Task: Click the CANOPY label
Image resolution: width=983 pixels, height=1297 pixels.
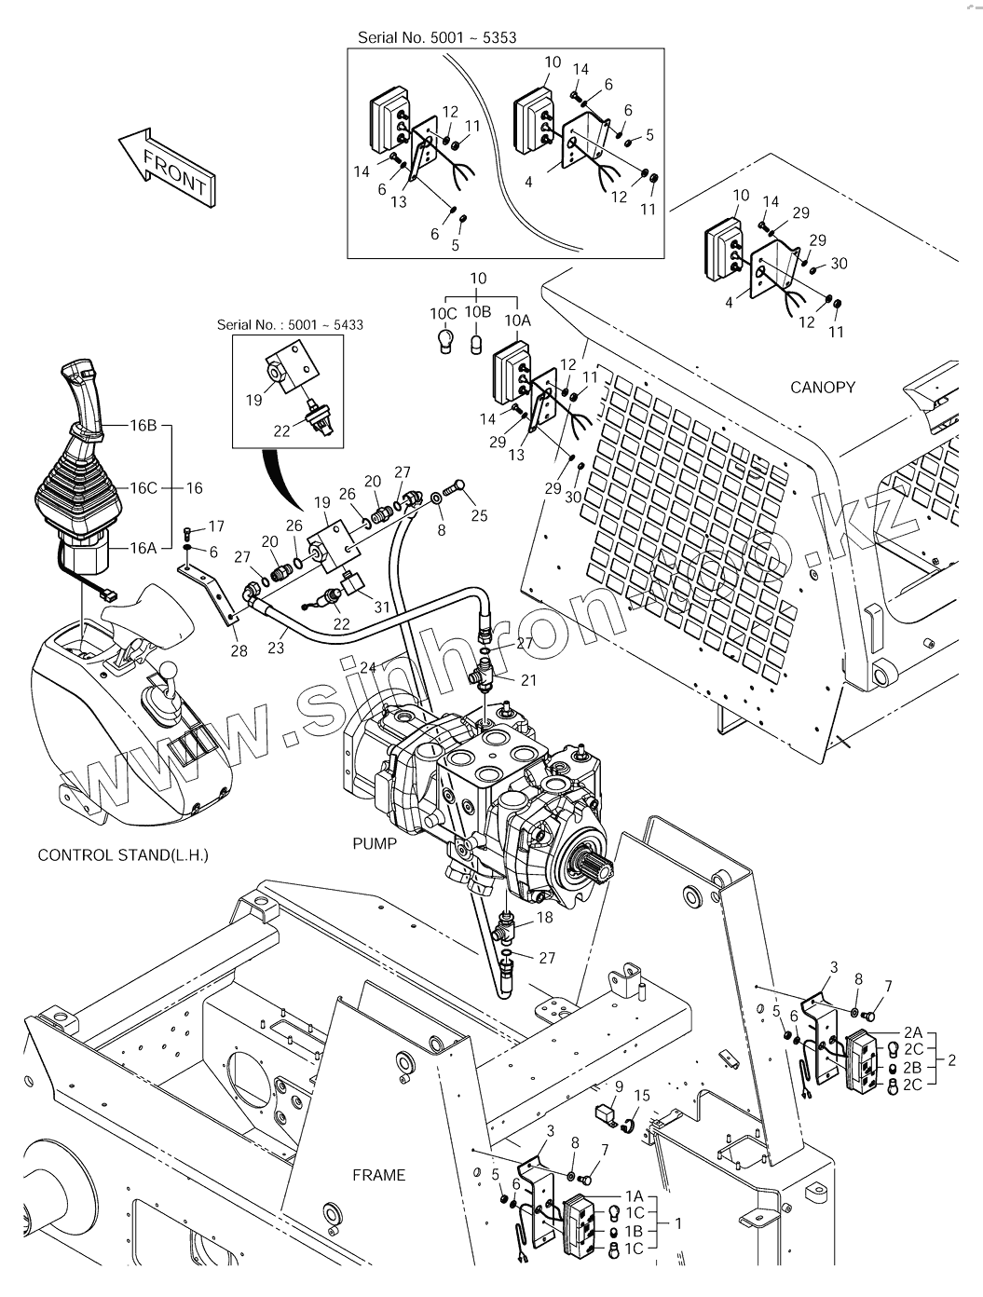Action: tap(822, 387)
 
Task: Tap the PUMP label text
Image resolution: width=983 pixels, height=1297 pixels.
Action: tap(374, 844)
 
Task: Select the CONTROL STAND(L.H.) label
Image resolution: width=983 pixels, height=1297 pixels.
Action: tap(123, 854)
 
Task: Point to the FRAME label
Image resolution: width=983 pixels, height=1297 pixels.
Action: tap(378, 1175)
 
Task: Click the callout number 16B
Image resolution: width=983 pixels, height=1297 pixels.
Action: tap(143, 426)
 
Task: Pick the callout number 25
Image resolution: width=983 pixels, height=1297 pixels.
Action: tap(479, 515)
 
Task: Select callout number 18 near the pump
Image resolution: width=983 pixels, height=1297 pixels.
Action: tap(545, 917)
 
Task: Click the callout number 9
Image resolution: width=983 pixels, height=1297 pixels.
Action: tap(618, 1085)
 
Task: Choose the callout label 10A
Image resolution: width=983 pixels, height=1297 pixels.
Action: tap(517, 320)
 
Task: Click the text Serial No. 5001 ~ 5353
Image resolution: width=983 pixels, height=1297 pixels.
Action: tap(437, 38)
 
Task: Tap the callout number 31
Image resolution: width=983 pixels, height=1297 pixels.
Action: tap(382, 608)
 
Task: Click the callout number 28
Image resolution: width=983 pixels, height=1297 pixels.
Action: tap(239, 650)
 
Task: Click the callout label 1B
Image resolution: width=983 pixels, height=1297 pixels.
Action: tap(634, 1231)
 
